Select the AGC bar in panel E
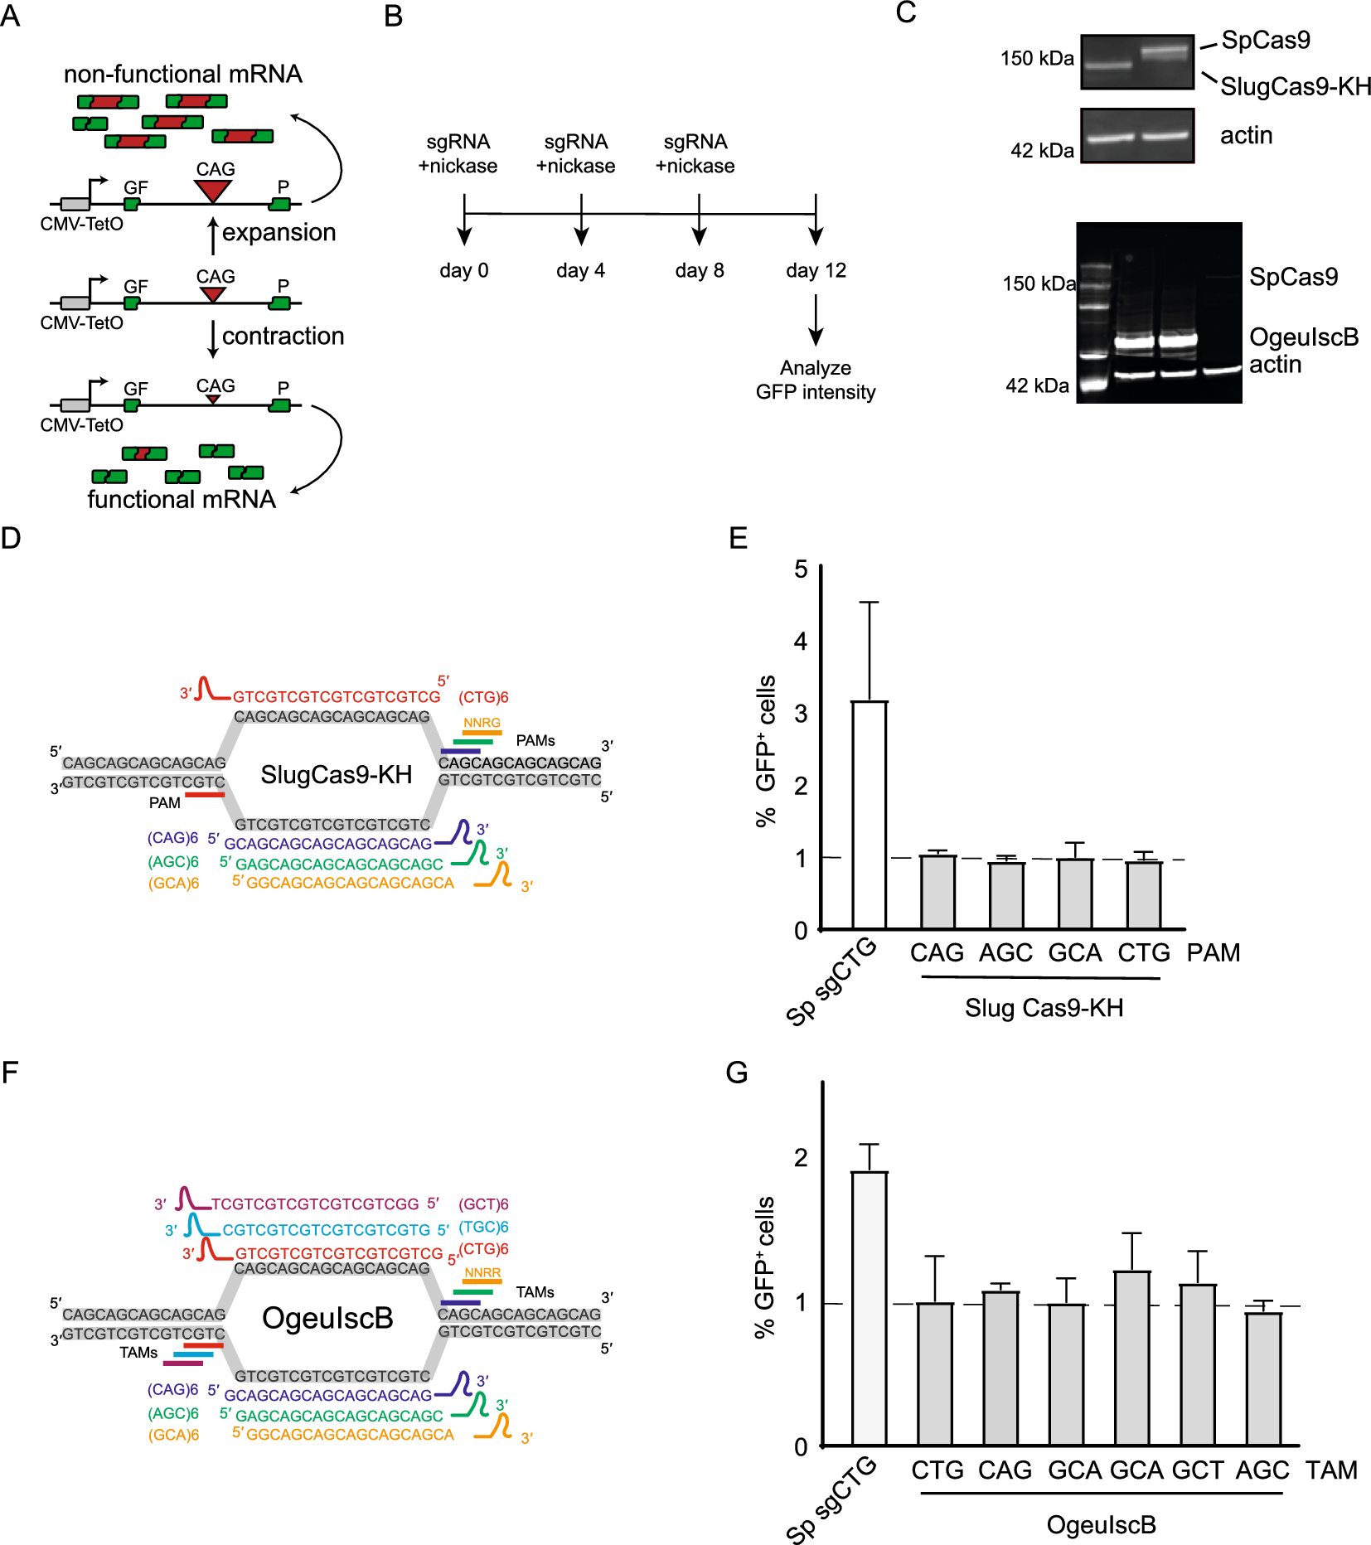[1005, 895]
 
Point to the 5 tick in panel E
[801, 569]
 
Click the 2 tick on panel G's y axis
[801, 1158]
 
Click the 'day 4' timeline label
[580, 271]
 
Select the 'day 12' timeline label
[816, 271]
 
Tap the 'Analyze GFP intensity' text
[816, 380]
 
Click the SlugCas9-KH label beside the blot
[1295, 86]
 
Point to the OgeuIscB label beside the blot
[1304, 337]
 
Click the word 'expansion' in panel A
[279, 233]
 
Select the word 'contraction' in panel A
[283, 337]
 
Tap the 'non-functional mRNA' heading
[182, 75]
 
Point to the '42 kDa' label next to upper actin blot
[1041, 151]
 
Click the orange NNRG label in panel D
[482, 724]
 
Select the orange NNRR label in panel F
[482, 1273]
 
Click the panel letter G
[736, 1073]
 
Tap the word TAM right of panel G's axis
[1331, 1470]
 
